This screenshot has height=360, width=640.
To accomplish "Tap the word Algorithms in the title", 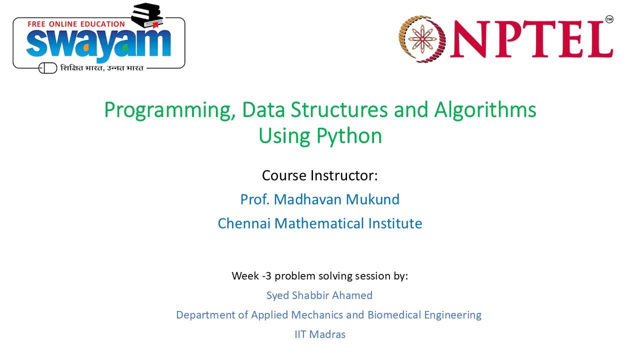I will [486, 110].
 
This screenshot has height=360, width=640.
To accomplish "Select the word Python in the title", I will [348, 135].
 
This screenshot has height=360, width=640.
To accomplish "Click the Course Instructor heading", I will [320, 176].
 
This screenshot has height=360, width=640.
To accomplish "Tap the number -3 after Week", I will [266, 276].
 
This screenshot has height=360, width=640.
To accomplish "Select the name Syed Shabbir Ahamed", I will [319, 295].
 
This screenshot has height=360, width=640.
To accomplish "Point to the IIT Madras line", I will [320, 334].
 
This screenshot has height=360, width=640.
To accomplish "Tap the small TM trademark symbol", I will [609, 19].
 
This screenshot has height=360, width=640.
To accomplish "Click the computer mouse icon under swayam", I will [48, 67].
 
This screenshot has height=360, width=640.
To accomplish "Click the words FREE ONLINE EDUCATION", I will [76, 23].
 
